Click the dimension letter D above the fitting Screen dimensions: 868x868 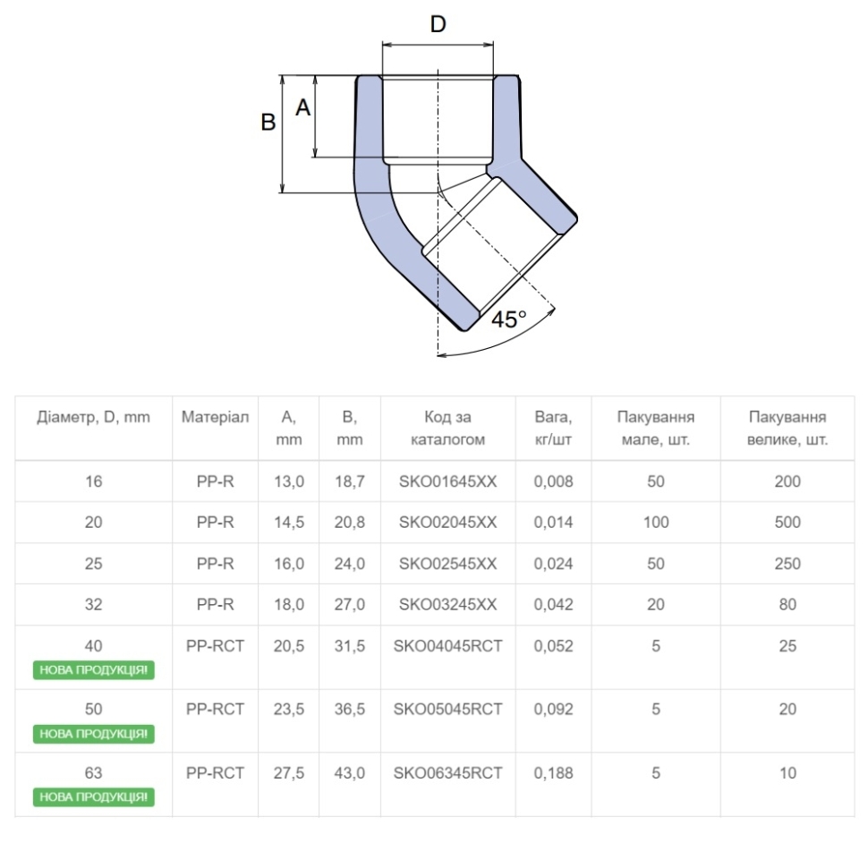point(438,24)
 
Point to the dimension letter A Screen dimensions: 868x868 point(302,107)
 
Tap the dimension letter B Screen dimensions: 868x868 point(268,122)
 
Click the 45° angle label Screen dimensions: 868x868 point(509,319)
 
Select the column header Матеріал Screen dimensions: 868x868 point(216,417)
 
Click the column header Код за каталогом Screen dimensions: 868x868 point(447,428)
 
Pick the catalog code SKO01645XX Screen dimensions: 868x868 point(447,481)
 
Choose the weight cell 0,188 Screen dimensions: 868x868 point(554,773)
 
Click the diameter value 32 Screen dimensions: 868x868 point(94,605)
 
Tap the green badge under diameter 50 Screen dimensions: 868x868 point(94,734)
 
